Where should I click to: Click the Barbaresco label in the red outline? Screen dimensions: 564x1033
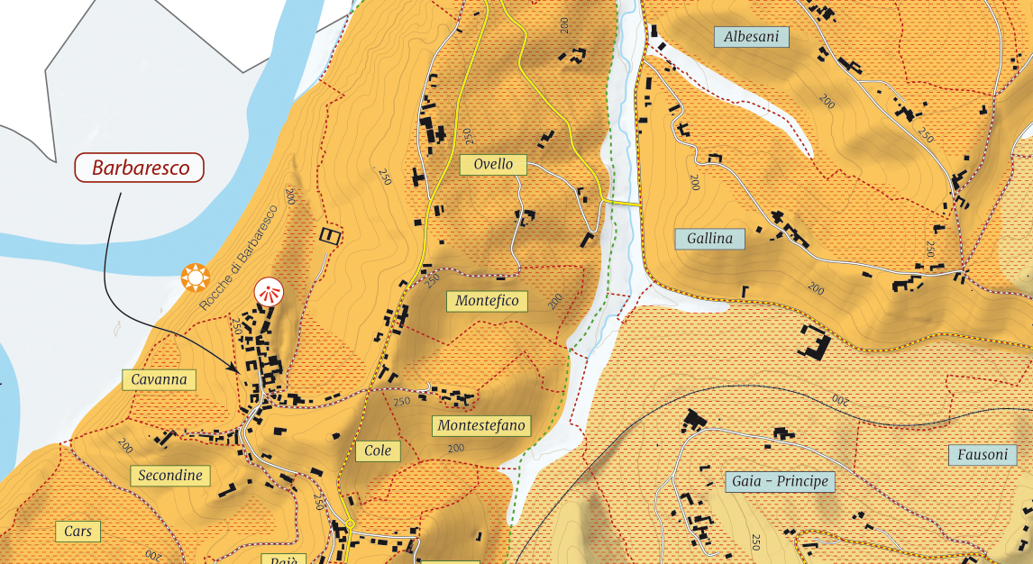(x=140, y=168)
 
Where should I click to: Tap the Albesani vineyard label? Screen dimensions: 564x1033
(x=751, y=36)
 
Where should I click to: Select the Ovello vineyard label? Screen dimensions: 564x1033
(x=493, y=164)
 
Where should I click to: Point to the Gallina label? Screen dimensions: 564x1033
(x=710, y=239)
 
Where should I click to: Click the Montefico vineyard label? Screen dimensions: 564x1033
(x=487, y=301)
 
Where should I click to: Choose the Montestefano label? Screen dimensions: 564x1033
(x=481, y=425)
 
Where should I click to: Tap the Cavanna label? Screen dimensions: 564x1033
(x=159, y=379)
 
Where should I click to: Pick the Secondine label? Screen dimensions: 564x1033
(x=170, y=475)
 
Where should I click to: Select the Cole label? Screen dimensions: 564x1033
(x=378, y=450)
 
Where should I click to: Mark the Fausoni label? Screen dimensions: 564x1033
(x=983, y=454)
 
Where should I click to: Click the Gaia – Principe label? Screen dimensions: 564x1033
(x=780, y=481)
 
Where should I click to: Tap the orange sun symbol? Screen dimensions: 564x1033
(x=195, y=277)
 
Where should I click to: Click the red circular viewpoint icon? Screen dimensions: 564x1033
(x=269, y=292)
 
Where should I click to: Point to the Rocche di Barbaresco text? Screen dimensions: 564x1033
(x=239, y=258)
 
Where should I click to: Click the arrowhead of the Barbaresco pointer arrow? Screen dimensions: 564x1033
(x=236, y=368)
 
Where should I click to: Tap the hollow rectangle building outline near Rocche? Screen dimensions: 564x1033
(x=331, y=236)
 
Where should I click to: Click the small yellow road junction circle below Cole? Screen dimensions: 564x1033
(x=351, y=523)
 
